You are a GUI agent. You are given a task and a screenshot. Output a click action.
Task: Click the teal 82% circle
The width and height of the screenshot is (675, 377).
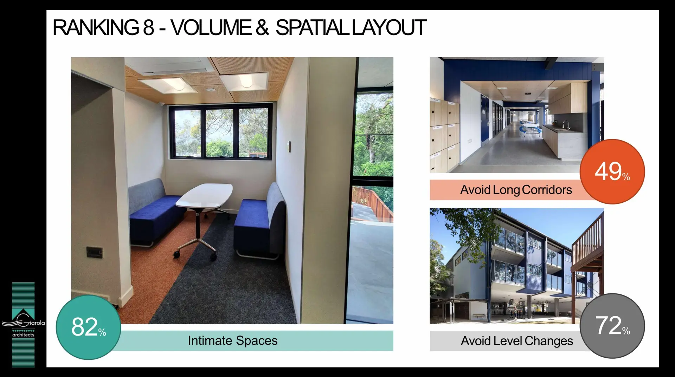click(89, 327)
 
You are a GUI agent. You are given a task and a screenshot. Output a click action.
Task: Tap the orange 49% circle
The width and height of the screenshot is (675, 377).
click(612, 171)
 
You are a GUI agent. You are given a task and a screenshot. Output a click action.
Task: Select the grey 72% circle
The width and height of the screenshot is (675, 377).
click(612, 326)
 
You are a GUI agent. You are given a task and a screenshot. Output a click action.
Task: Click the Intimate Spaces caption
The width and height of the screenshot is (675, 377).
click(233, 341)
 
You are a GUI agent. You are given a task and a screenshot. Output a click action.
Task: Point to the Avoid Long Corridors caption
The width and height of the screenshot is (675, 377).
click(516, 190)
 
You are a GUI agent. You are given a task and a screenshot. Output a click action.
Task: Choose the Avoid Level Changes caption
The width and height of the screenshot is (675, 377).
click(517, 341)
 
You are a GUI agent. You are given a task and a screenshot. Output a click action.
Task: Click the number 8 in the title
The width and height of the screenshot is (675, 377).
click(148, 27)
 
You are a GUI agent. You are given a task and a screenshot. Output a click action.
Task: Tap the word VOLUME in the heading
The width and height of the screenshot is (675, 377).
click(211, 27)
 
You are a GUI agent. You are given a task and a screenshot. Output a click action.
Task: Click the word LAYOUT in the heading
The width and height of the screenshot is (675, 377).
click(389, 27)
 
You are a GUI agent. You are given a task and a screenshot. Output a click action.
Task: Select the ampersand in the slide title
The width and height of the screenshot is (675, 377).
click(262, 27)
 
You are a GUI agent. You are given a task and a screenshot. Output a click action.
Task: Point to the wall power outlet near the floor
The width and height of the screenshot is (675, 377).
click(95, 252)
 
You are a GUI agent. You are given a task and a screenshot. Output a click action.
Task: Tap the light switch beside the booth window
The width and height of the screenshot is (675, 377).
click(289, 147)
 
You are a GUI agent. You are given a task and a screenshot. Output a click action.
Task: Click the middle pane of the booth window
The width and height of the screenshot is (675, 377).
click(219, 133)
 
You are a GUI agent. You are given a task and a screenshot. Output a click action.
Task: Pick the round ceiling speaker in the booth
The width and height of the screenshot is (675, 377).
click(211, 90)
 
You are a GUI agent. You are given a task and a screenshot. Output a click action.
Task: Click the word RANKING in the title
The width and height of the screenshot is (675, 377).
click(96, 27)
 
